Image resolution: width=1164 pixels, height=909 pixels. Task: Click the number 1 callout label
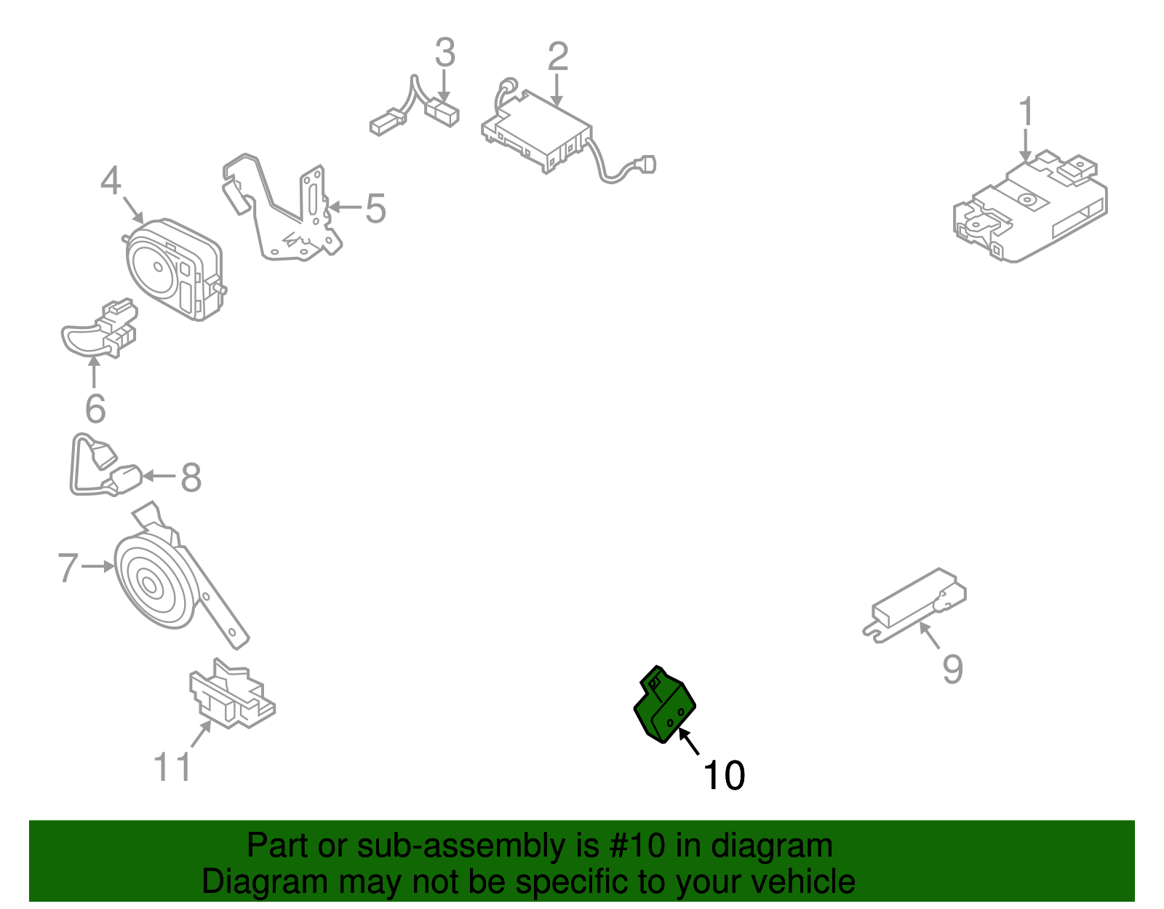[1025, 111]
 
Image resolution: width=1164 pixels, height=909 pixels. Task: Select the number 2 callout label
[557, 56]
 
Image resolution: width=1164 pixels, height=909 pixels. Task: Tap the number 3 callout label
[445, 52]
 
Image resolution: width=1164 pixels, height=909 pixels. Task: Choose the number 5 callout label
[375, 208]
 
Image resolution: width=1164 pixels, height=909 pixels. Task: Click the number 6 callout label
[95, 409]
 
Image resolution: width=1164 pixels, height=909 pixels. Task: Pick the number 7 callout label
[68, 567]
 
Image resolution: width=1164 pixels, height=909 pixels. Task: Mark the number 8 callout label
[191, 477]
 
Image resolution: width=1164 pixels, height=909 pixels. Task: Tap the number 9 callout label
[952, 669]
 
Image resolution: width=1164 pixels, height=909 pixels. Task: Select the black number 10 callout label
[724, 775]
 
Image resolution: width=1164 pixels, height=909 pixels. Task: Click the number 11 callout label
[172, 766]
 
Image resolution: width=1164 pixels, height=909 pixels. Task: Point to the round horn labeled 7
[156, 582]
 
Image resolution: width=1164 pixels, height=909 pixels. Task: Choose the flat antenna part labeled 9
[914, 606]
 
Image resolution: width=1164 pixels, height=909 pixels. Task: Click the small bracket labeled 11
[233, 693]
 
